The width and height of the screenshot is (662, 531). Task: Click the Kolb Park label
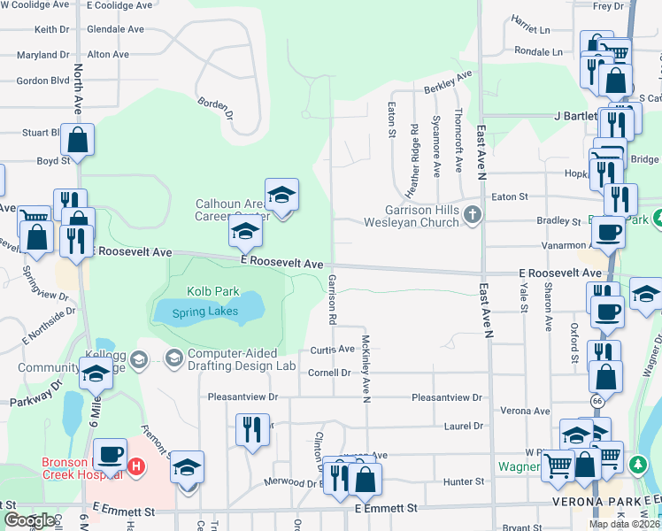(200, 290)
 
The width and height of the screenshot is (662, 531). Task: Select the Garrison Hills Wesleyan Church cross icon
(473, 213)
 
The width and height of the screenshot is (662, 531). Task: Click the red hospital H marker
(135, 466)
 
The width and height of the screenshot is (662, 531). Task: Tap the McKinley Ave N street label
(364, 367)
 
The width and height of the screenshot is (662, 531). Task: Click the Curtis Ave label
(333, 350)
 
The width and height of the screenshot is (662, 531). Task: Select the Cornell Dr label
(329, 373)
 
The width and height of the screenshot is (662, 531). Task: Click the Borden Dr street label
(216, 108)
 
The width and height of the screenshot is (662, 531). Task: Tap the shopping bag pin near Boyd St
(78, 141)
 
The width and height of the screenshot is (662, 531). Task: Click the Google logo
(29, 520)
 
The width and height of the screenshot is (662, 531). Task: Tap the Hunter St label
(465, 481)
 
